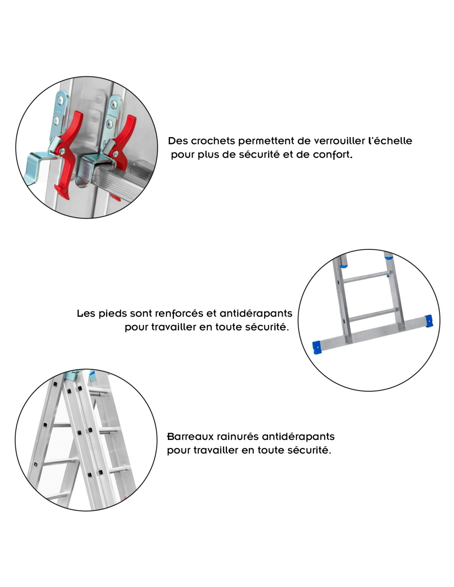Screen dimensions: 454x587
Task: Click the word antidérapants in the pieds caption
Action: click(256, 314)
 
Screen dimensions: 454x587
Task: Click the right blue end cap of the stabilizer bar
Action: click(428, 321)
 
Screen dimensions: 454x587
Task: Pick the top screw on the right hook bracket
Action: click(115, 104)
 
